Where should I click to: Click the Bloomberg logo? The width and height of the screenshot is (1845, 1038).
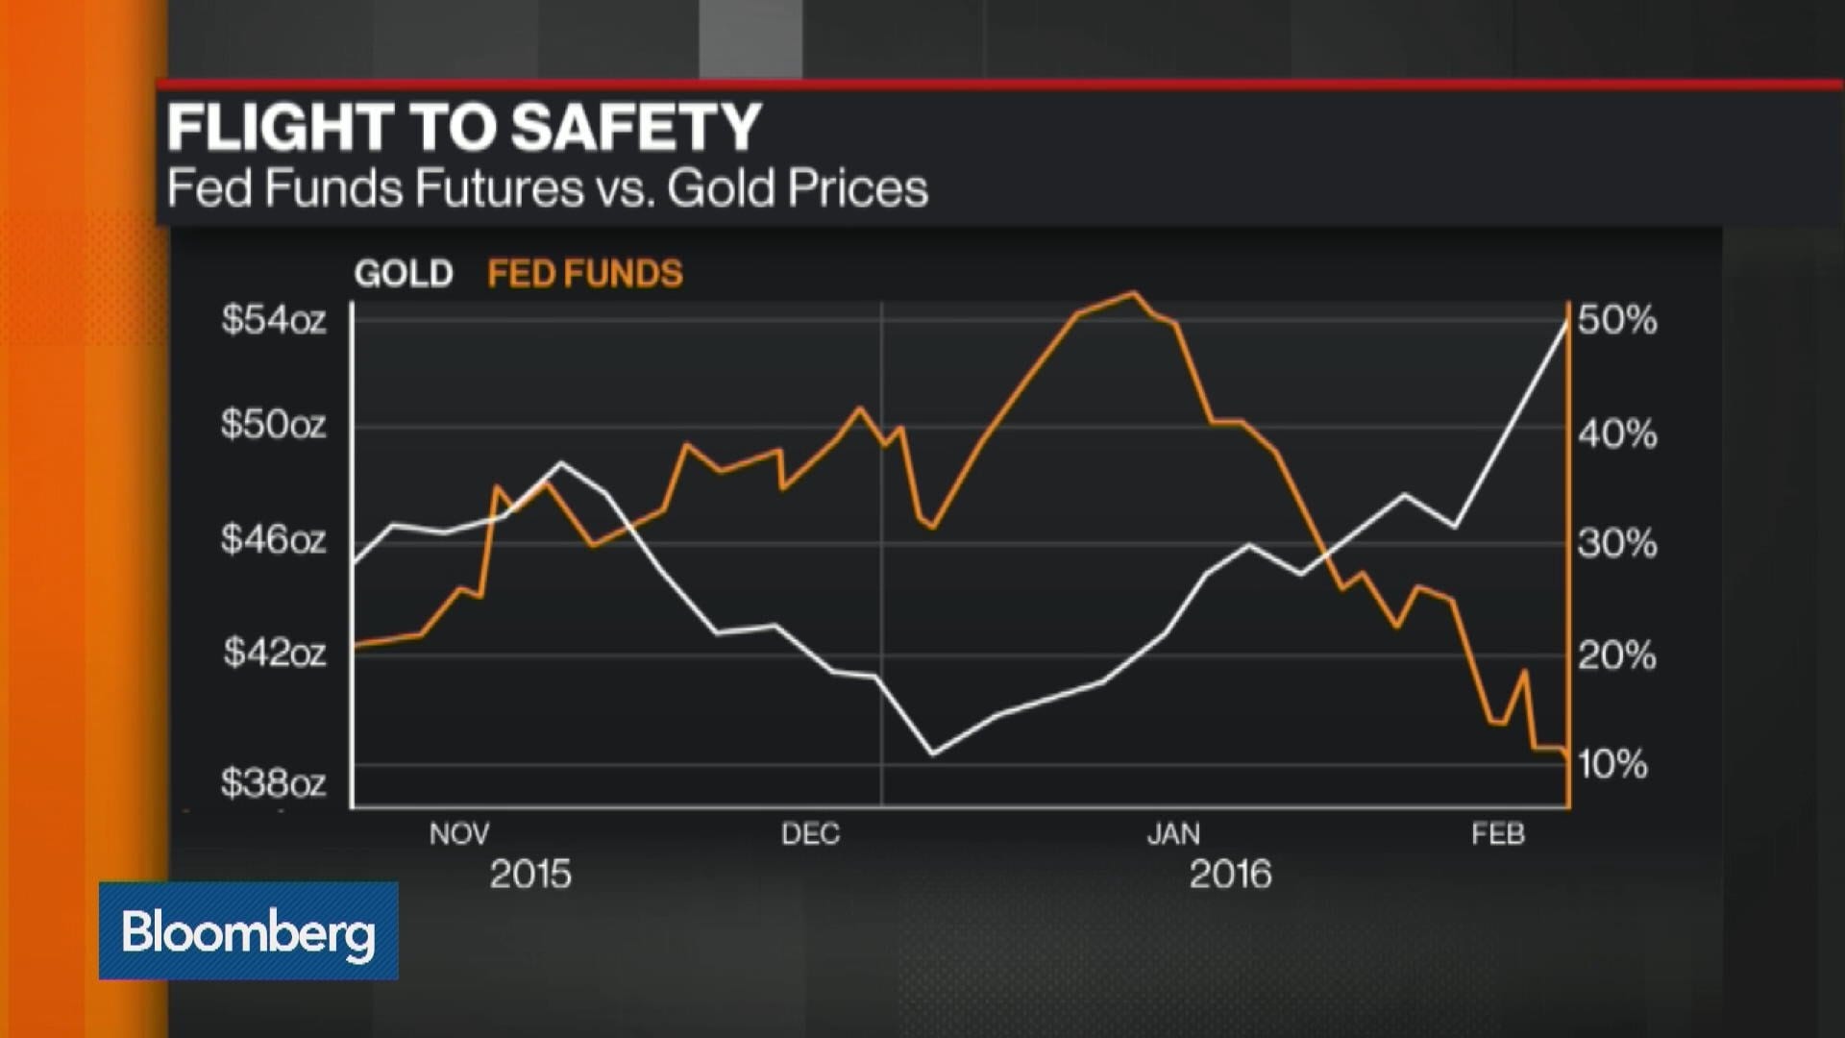(248, 930)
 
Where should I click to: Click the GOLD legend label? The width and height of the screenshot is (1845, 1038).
(403, 274)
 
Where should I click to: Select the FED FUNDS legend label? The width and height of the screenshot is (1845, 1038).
(584, 274)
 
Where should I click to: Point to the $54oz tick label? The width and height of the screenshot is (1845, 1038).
(273, 319)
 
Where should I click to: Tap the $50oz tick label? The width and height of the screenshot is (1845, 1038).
(273, 424)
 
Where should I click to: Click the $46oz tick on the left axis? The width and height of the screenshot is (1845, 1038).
(273, 539)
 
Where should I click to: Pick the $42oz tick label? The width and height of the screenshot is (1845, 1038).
(274, 654)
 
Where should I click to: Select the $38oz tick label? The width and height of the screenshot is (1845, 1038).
(273, 783)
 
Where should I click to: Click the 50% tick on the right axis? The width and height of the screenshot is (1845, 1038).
(1617, 320)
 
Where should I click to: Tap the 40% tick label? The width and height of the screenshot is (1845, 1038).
(1617, 434)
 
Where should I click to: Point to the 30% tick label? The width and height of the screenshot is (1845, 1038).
(1617, 544)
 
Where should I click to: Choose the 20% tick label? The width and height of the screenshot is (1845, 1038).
(1617, 656)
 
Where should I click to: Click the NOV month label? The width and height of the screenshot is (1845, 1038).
(459, 833)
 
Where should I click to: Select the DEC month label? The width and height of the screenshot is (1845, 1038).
(810, 833)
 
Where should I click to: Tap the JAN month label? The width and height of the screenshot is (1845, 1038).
(1173, 833)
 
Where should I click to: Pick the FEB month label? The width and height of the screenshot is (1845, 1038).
(1498, 833)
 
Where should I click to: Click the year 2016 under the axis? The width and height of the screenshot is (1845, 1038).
(1230, 875)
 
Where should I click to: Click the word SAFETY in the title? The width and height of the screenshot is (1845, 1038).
(635, 128)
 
